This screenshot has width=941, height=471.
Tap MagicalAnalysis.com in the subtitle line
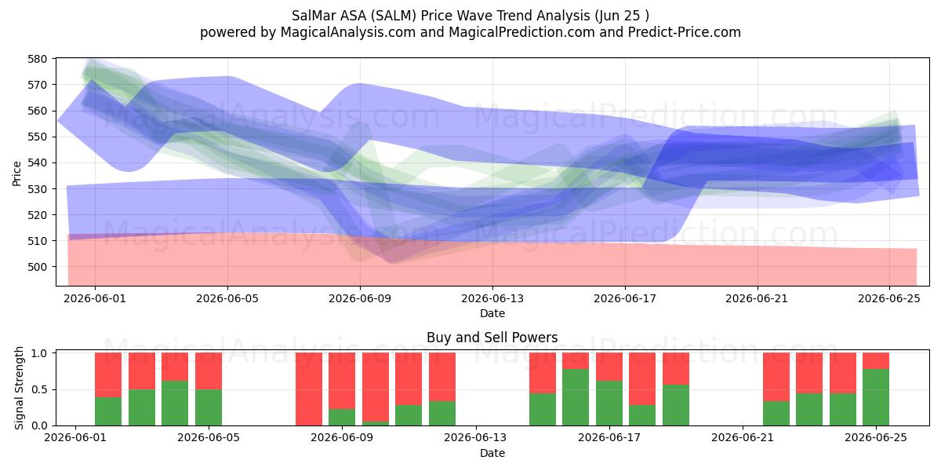348,32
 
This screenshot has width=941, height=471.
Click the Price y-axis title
16,173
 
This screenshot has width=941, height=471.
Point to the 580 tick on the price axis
38,59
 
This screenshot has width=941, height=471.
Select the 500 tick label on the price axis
38,267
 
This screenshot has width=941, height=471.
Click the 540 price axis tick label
38,163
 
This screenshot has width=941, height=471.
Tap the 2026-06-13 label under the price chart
492,298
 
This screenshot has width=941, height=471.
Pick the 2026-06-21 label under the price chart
757,298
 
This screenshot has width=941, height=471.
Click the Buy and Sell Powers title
492,338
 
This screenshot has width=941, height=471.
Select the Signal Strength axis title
19,388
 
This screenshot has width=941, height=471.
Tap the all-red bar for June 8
309,389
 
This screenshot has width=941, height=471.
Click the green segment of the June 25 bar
876,397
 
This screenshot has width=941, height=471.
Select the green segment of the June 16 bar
576,397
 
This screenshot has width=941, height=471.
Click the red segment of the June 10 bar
376,387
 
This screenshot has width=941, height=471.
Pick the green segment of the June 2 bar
108,411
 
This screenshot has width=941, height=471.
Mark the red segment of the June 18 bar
642,379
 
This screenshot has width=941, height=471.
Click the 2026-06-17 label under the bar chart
609,438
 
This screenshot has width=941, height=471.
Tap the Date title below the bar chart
492,453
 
